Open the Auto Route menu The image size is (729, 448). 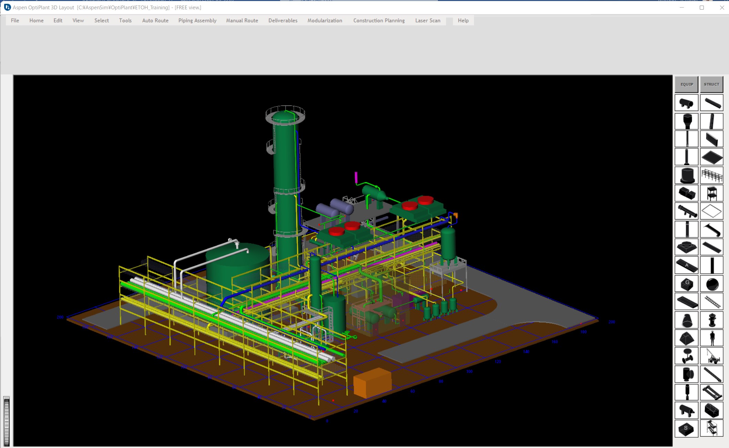tap(155, 20)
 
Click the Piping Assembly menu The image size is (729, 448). tap(197, 20)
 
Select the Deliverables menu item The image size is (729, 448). tap(283, 20)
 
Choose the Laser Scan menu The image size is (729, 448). tap(428, 20)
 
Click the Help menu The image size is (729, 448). tap(463, 20)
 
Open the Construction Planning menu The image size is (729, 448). tap(379, 20)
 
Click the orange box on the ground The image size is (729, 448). tap(372, 383)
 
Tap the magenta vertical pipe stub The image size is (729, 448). tap(356, 177)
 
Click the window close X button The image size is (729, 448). tap(722, 8)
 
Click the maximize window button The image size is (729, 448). tap(701, 8)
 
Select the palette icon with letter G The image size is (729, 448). tap(686, 284)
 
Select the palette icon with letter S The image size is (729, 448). tap(686, 428)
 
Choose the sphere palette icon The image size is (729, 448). tap(712, 284)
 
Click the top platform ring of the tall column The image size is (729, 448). tap(285, 114)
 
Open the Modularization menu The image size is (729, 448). tap(325, 20)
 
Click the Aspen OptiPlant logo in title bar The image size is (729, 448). tap(7, 7)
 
